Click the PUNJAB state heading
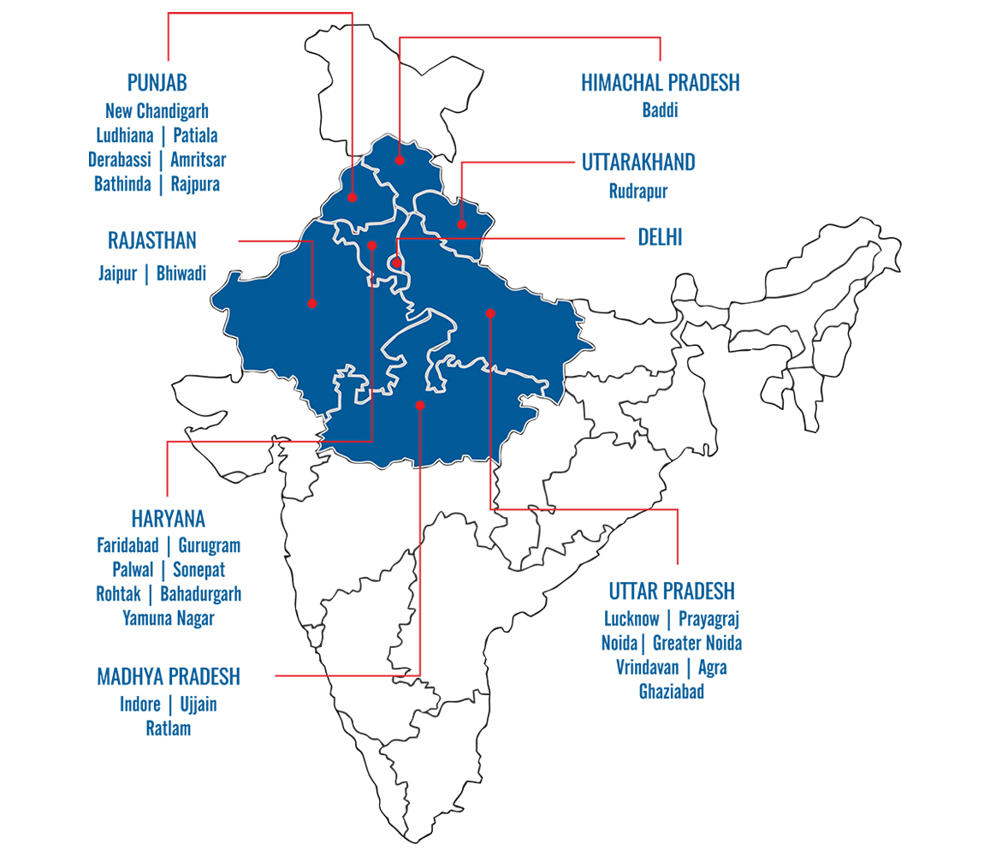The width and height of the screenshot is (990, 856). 157,83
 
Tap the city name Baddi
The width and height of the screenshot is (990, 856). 660,110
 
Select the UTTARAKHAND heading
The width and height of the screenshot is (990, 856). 637,163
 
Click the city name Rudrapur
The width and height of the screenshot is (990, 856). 637,191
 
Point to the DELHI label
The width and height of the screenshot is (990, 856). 659,237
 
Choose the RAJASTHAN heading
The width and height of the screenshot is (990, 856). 157,240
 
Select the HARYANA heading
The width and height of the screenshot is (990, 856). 168,519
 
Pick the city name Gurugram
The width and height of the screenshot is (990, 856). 209,545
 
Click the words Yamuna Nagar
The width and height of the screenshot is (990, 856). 168,618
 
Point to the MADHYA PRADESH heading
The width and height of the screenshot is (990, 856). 169,677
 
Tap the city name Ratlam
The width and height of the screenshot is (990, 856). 169,728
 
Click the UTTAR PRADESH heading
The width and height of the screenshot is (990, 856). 671,591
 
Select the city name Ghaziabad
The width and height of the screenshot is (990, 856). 671,692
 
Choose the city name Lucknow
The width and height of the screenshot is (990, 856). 631,618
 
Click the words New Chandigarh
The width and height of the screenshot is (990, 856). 157,110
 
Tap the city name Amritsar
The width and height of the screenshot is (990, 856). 198,159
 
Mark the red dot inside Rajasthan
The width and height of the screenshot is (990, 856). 312,303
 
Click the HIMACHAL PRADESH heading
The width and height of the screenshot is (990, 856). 660,83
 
